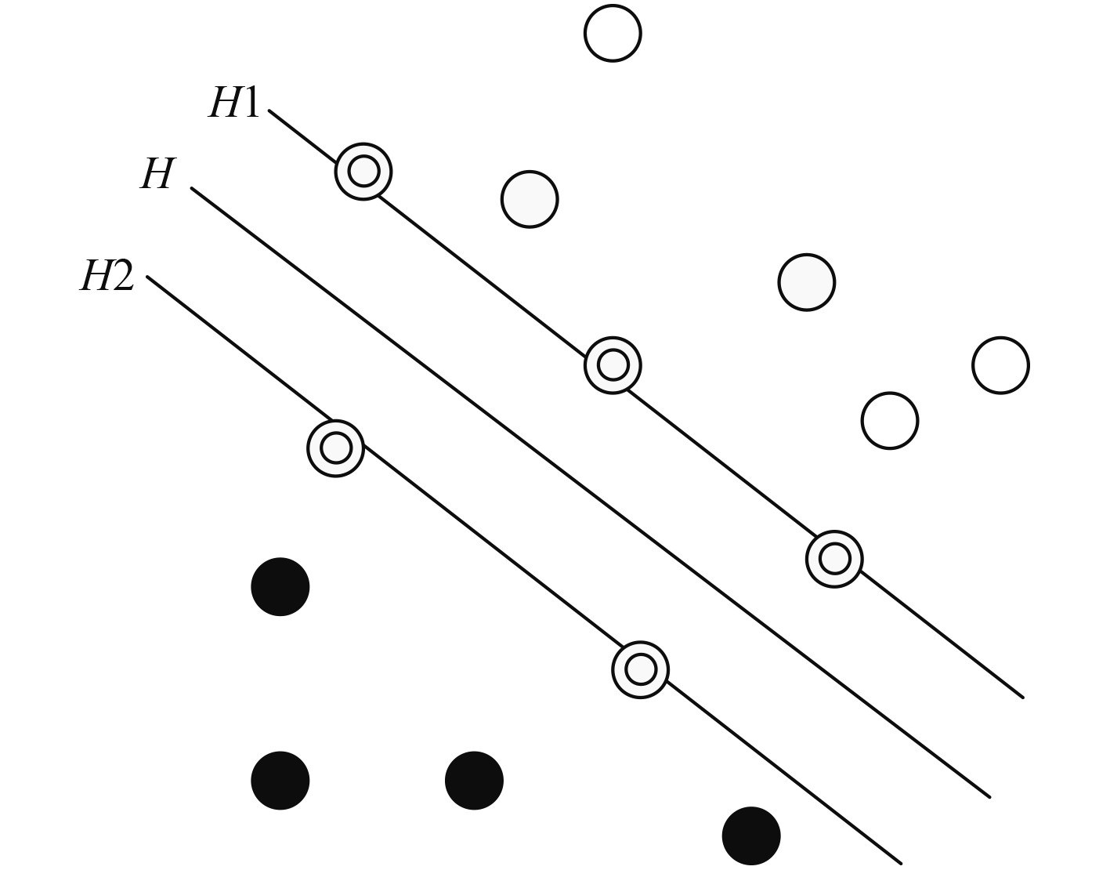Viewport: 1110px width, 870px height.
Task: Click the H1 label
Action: [233, 103]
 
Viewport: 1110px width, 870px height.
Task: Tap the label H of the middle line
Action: [158, 174]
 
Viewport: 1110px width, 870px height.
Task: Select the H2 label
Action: [107, 276]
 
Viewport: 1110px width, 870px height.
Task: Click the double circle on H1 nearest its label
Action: [363, 171]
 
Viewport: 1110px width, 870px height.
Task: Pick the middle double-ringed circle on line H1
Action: [613, 364]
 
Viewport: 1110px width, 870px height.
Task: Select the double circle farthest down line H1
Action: [834, 559]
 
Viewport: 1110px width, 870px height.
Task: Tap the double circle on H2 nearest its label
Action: [336, 448]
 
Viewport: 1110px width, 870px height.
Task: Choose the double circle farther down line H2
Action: [640, 670]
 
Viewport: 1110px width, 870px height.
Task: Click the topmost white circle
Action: [613, 33]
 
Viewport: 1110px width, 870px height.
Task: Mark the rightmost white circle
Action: [1000, 365]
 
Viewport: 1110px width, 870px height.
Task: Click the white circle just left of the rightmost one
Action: [889, 421]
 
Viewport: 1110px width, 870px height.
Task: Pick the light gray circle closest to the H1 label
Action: [530, 199]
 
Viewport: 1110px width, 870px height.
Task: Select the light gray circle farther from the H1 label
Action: [807, 282]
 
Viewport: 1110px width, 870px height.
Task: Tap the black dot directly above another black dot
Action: [280, 587]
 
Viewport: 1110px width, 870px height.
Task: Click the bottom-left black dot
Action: [280, 781]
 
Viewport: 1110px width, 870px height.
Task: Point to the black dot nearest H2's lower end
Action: [751, 836]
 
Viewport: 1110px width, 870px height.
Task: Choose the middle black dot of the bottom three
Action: [474, 781]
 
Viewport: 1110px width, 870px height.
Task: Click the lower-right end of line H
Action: [989, 796]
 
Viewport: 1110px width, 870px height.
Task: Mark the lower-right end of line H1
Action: [1021, 696]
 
